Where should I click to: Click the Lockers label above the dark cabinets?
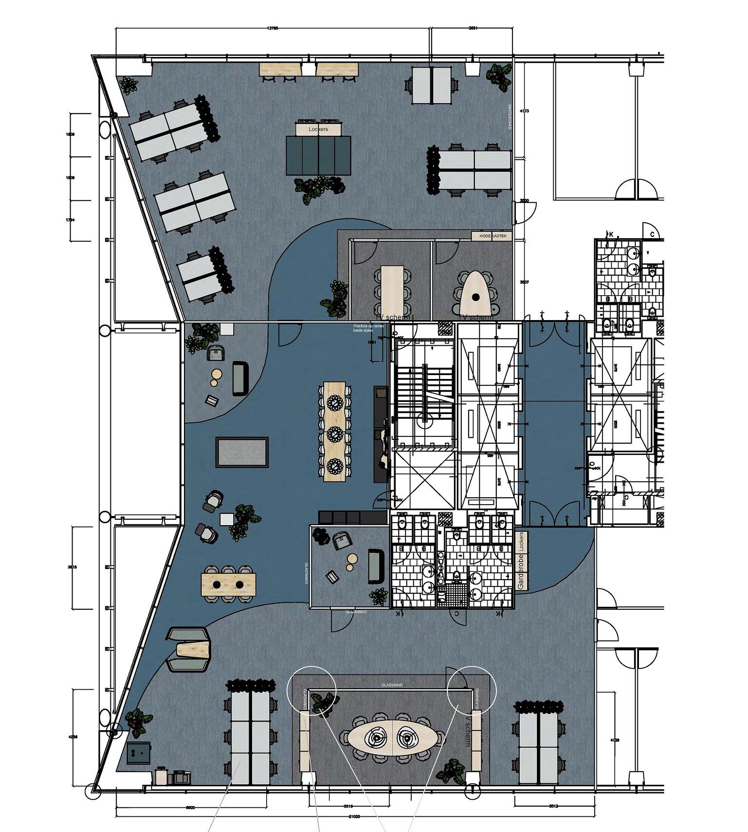318,130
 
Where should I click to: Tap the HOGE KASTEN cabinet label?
493,236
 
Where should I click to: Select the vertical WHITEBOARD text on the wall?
510,117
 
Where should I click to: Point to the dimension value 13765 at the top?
273,28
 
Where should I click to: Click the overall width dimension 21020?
354,816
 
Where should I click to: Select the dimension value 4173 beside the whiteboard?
524,111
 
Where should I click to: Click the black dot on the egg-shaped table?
475,297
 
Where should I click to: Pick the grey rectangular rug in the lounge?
242,452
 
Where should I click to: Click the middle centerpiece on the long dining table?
335,434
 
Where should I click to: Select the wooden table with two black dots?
228,584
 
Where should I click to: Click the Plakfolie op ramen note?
368,328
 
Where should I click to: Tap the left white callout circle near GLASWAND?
311,688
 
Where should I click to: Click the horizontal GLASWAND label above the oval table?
392,685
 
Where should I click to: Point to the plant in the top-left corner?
128,86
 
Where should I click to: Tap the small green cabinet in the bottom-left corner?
139,753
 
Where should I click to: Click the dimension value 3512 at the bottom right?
553,806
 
